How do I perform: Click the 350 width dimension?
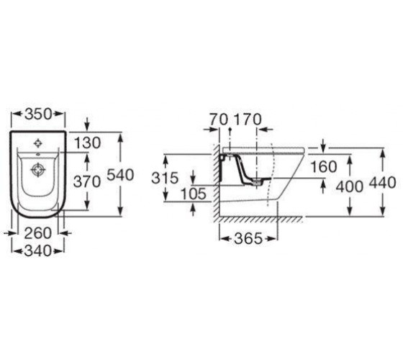[38, 114]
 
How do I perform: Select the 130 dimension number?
[87, 143]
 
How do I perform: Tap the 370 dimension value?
[87, 182]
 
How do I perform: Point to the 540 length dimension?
[120, 175]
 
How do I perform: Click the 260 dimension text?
[37, 233]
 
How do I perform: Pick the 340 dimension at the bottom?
[37, 251]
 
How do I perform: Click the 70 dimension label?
[219, 120]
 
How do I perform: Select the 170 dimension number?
[248, 120]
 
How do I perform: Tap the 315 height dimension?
[165, 178]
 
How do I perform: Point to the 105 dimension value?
[194, 194]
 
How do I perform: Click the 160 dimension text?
[324, 166]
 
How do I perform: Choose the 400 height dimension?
[350, 186]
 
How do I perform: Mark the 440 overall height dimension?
[382, 183]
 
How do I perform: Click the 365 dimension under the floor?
[248, 238]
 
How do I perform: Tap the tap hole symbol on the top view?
[38, 143]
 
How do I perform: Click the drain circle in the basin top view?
[38, 170]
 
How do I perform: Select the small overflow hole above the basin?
[38, 154]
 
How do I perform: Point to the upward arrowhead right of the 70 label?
[230, 130]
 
